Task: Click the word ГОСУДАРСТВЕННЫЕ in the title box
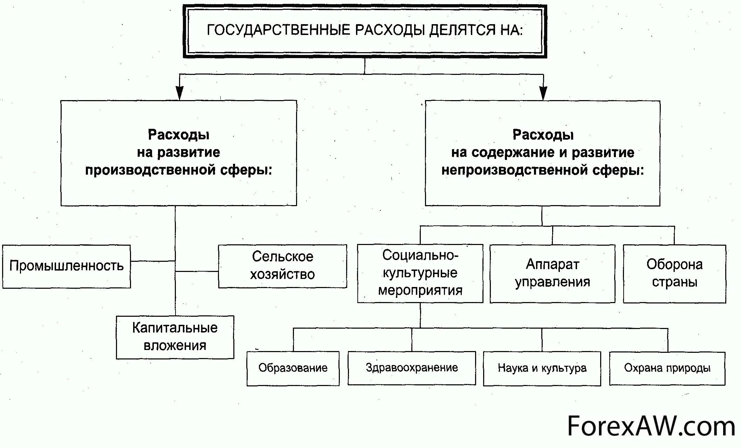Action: (x=279, y=30)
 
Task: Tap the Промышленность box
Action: (x=67, y=266)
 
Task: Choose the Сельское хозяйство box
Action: (x=282, y=266)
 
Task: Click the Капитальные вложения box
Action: (x=175, y=337)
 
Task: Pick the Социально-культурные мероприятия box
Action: (x=420, y=273)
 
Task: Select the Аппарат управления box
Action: (x=553, y=273)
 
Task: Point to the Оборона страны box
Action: (x=674, y=273)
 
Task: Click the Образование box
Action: (x=293, y=368)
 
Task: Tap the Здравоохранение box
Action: (x=412, y=368)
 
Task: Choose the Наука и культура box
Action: (x=542, y=368)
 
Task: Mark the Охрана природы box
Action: (x=667, y=368)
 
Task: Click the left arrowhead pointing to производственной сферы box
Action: (x=179, y=93)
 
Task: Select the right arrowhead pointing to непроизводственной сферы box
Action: (x=543, y=93)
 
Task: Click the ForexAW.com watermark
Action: (x=651, y=427)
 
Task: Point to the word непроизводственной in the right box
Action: (x=515, y=170)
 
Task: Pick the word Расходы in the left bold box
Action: (x=179, y=135)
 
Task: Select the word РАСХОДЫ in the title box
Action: (x=390, y=30)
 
